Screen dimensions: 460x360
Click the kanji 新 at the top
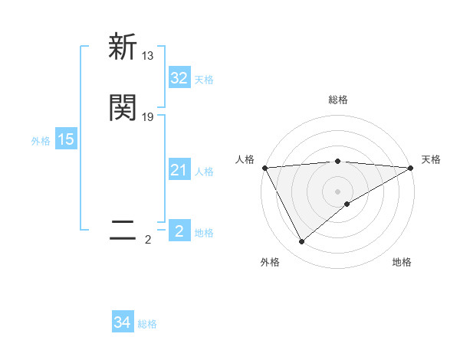123,47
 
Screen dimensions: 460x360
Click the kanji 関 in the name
123,108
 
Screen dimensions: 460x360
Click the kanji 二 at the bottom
123,231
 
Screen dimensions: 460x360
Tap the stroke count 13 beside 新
148,56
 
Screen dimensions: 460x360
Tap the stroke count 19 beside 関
148,117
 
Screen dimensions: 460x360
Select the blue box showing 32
179,78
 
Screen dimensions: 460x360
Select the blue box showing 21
179,170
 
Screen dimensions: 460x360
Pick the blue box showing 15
65,139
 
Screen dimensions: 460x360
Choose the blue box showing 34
123,323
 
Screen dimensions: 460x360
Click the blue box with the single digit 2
179,231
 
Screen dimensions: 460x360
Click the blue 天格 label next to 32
204,80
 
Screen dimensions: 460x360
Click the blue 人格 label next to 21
204,172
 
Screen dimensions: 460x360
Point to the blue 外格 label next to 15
40,141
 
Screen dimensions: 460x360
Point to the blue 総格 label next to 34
147,325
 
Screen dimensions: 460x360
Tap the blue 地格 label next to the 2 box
204,233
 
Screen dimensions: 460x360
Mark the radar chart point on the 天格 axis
411,168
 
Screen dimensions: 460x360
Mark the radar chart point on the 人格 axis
264,168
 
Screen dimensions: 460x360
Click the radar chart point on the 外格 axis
301,242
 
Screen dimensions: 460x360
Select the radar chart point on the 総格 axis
338,161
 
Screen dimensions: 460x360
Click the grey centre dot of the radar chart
338,191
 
